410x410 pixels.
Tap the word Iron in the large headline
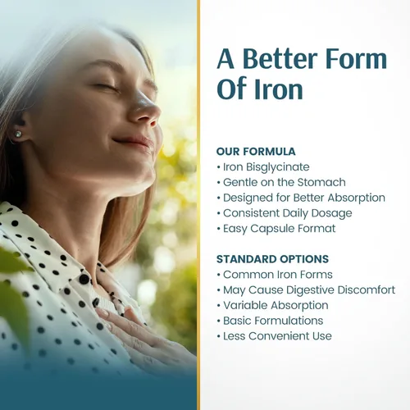pos(279,89)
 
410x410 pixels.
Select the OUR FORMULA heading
pos(256,152)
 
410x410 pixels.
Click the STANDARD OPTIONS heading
pos(272,259)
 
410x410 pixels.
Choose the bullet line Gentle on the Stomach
pos(281,182)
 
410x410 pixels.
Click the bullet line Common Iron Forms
pos(275,275)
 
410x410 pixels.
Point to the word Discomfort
pos(367,290)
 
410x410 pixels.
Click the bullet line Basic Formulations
pos(271,321)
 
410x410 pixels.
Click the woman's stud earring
pos(18,134)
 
